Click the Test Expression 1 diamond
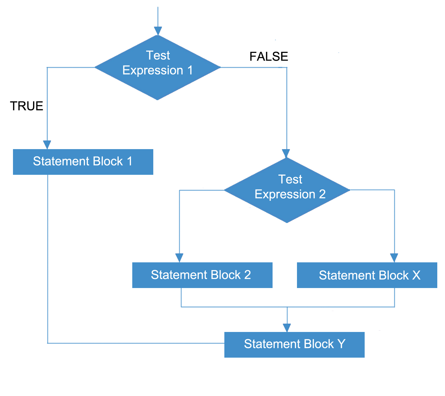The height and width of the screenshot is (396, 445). [158, 67]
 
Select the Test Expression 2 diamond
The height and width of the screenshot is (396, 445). [287, 190]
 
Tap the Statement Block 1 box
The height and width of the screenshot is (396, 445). [83, 162]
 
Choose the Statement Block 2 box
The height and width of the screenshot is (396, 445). [202, 275]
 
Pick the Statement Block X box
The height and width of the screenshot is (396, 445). [367, 275]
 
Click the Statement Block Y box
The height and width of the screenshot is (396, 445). [294, 345]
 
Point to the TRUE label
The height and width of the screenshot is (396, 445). [27, 106]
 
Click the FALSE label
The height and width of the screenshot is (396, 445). [269, 57]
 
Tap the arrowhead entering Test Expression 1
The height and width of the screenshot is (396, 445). [158, 31]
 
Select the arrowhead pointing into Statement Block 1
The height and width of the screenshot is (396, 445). [47, 145]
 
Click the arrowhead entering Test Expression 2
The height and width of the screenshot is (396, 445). [286, 153]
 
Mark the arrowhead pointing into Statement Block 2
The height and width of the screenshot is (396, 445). [179, 258]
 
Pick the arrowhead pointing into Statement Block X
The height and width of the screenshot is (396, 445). [394, 258]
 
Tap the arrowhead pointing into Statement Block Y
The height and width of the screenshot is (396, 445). [287, 328]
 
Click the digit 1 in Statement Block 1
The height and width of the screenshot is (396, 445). [129, 161]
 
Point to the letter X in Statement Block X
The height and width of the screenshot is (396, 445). [416, 275]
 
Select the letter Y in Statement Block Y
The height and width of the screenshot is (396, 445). [341, 344]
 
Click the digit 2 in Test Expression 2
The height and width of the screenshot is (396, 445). [322, 194]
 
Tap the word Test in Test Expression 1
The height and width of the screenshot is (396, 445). [158, 55]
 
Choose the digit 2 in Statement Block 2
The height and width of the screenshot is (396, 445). [247, 275]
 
